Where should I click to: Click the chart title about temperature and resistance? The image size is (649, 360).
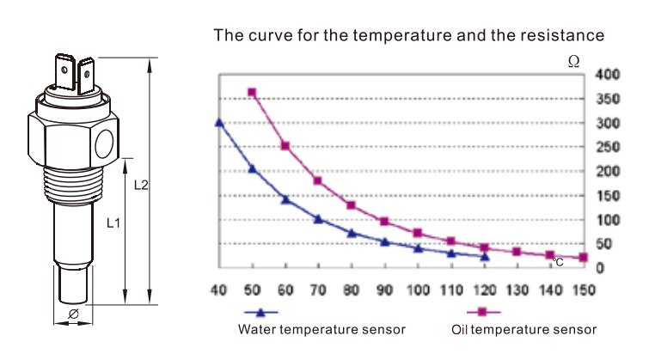409,36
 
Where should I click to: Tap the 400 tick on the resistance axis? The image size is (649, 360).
606,76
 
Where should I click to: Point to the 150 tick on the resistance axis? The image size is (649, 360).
606,196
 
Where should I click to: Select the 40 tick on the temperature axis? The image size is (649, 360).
218,287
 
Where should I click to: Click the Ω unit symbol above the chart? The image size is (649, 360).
573,60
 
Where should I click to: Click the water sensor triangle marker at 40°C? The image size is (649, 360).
219,123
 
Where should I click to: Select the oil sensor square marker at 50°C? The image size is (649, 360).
252,92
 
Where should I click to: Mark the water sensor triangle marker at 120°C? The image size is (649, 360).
485,256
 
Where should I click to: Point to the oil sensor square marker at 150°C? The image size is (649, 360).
584,257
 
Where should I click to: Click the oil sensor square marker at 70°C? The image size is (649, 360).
318,181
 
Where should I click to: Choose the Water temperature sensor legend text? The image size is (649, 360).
321,329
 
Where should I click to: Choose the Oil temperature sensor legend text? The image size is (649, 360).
523,329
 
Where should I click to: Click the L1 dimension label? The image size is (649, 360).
113,223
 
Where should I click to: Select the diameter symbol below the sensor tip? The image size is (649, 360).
73,314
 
